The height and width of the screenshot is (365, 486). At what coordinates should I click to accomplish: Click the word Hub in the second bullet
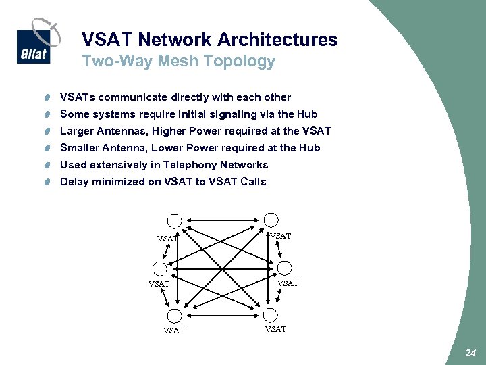tap(307, 114)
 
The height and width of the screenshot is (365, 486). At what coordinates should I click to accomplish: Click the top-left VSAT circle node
tap(175, 220)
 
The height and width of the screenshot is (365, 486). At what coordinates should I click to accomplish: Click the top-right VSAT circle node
tap(271, 220)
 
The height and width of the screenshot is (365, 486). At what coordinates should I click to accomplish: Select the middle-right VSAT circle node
tap(285, 267)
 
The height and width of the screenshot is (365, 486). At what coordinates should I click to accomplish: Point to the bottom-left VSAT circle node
tap(174, 314)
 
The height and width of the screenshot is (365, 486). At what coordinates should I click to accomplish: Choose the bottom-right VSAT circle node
tap(271, 314)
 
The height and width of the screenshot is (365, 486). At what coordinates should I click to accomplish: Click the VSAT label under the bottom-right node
tap(275, 329)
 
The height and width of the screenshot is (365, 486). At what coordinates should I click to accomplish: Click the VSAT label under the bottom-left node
tap(173, 331)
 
